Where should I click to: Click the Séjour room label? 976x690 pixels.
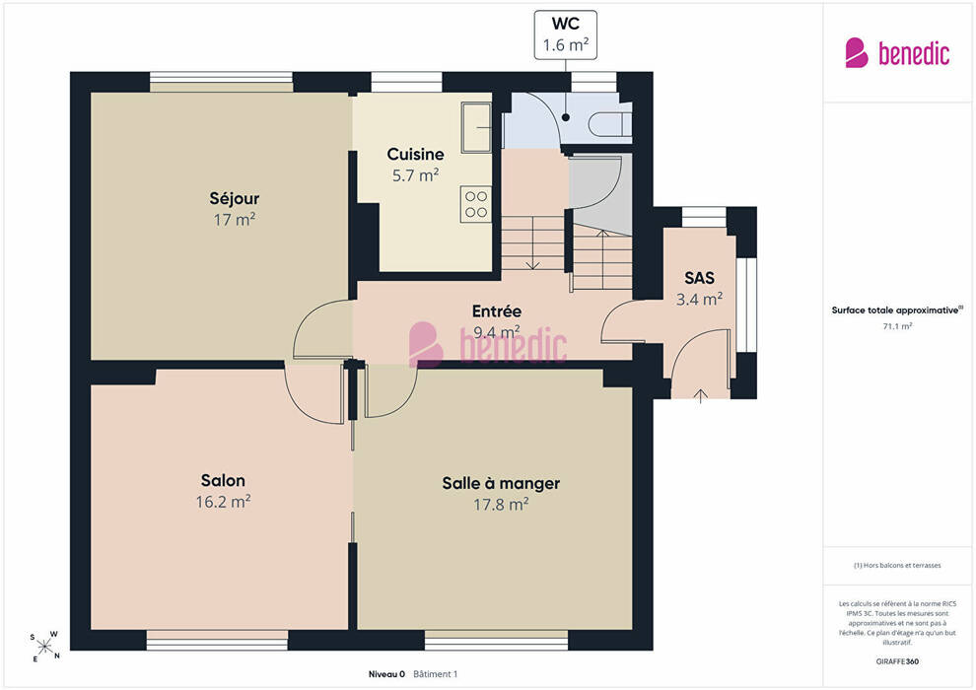tap(234, 198)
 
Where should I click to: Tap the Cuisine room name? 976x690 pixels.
tap(415, 154)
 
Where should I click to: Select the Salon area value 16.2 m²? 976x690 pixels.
tap(223, 502)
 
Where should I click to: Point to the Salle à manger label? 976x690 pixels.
tap(501, 483)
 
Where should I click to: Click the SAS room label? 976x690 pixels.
tap(699, 278)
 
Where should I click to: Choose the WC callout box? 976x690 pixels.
tap(565, 34)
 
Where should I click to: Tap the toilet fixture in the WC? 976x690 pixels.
tap(610, 124)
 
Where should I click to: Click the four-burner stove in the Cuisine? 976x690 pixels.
tap(476, 204)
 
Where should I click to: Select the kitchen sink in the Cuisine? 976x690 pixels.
tap(476, 127)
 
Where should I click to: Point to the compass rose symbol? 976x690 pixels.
tap(44, 647)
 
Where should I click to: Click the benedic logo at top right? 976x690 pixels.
tap(897, 53)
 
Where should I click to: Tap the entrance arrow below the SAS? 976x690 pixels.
tap(701, 396)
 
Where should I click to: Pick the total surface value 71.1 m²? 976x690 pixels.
tap(897, 326)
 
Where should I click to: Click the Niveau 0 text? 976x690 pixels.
tap(386, 674)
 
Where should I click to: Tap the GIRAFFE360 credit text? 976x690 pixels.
tap(897, 661)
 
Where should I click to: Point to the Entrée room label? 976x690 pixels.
tap(496, 311)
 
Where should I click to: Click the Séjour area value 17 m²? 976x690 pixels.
tap(234, 220)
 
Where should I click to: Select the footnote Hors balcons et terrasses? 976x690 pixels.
tap(897, 566)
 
